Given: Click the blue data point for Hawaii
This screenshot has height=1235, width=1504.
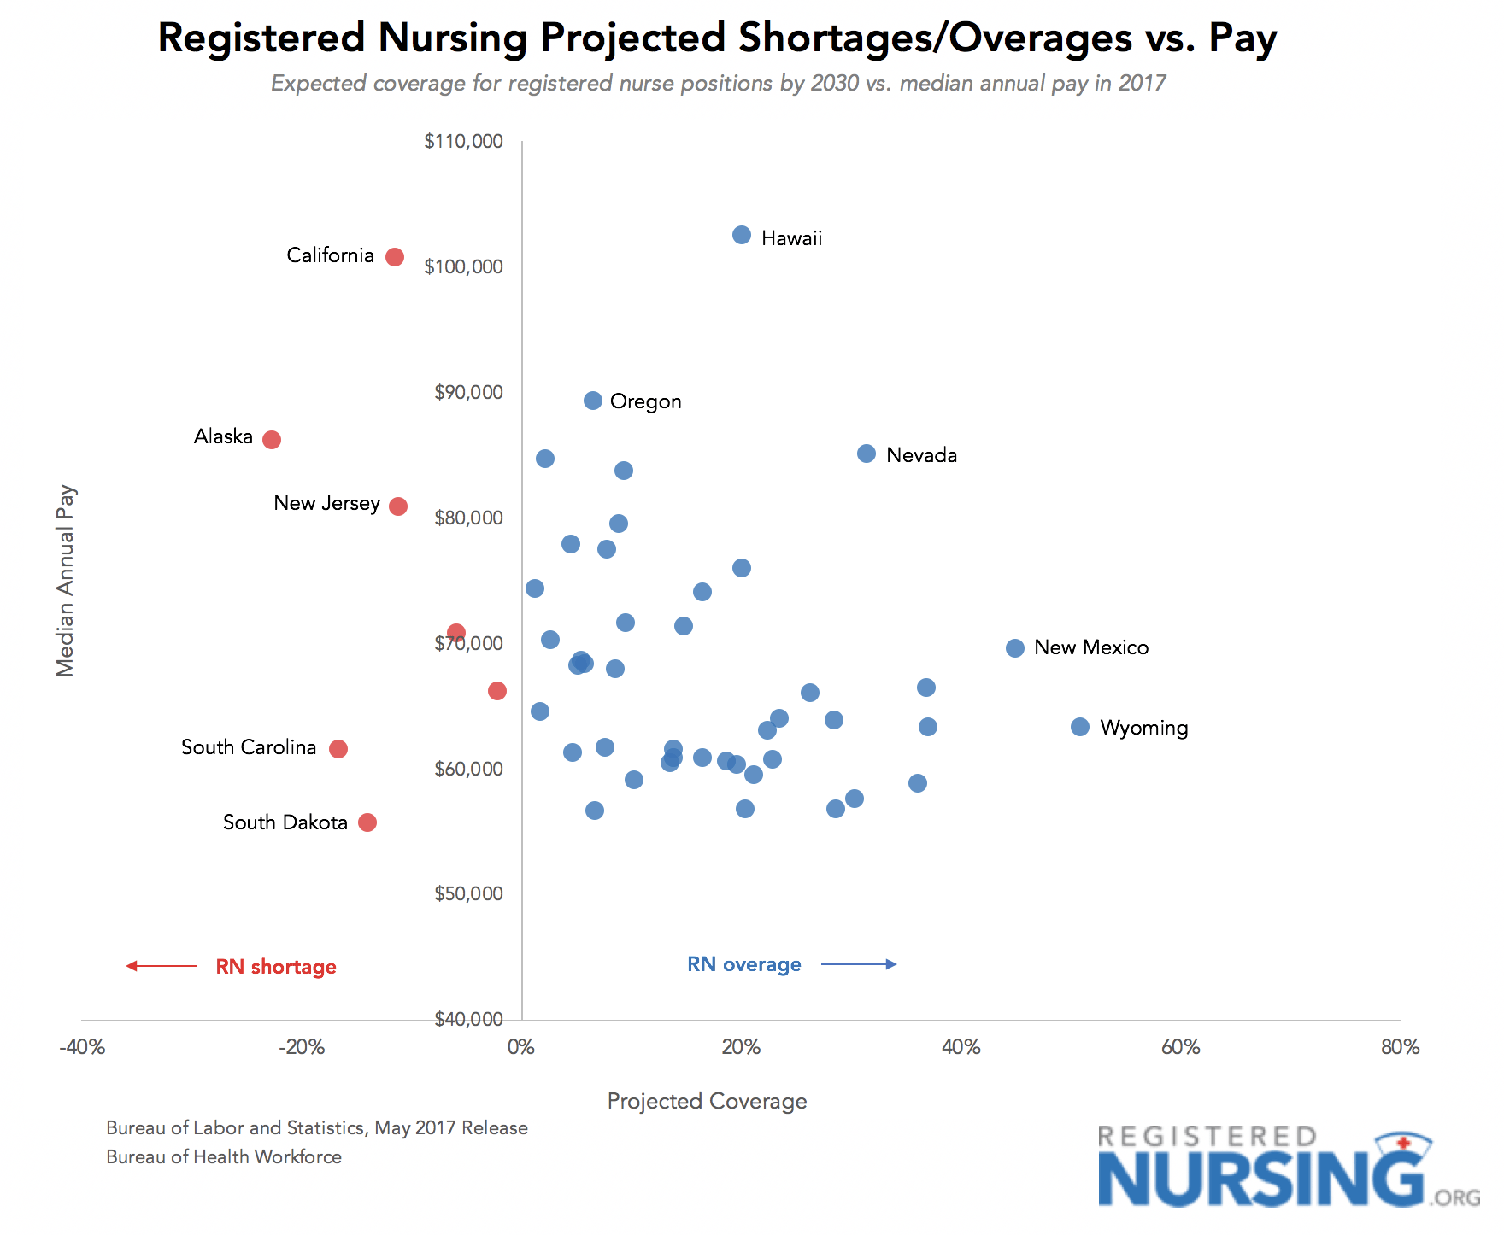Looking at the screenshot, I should coord(742,235).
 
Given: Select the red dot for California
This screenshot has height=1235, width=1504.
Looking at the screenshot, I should coord(395,257).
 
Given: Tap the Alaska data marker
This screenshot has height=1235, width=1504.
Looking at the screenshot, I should coord(272,440).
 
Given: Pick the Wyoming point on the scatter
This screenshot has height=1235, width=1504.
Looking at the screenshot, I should coord(1080,727).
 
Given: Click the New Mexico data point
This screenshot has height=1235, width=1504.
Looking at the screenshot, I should coord(1015,648).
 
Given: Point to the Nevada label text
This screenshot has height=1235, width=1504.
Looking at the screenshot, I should coord(921,455).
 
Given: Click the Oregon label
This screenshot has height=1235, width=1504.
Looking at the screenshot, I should coord(645,401).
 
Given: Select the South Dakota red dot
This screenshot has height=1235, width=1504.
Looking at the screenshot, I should coord(367,822).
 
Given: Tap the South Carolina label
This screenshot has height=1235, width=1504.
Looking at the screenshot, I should coord(249,747).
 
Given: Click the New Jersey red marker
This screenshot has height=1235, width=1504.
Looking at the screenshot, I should coord(398,506).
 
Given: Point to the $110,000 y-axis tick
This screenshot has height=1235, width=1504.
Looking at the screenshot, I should coord(463,142).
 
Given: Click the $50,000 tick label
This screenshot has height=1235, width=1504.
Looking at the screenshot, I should coord(468,894).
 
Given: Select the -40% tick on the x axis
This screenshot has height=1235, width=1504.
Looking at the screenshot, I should coord(82,1047).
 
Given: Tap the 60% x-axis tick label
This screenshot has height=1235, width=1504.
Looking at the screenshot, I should coord(1181,1047).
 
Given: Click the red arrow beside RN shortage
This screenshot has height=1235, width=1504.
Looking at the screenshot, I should coord(162,966).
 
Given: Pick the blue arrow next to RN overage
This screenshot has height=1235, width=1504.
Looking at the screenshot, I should coord(859,964).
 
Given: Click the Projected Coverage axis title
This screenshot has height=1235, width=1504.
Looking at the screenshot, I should coord(707,1101).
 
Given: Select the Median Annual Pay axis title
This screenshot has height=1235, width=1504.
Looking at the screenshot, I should coord(66,581).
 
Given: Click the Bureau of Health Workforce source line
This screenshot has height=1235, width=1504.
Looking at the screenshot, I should coord(224,1156).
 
